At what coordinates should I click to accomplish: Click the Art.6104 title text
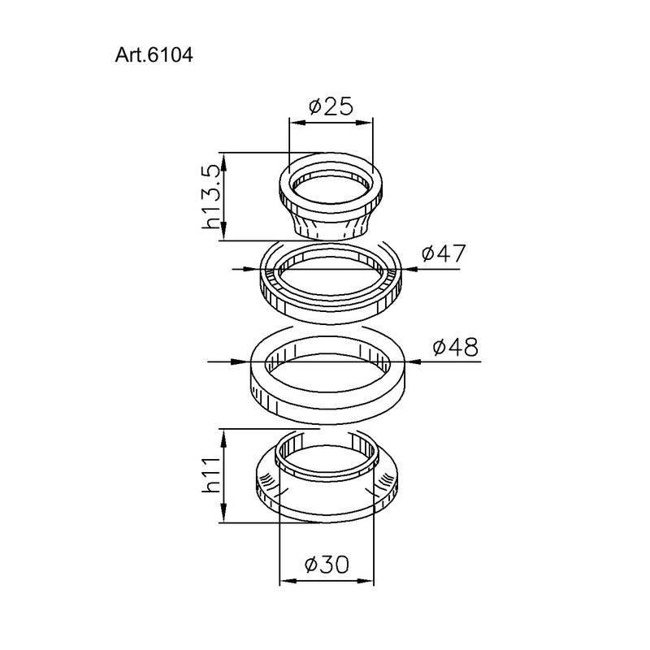tap(154, 54)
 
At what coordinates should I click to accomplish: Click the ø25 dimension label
tap(331, 106)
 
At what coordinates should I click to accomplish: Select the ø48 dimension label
tap(455, 347)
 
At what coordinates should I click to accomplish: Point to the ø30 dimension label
tap(327, 564)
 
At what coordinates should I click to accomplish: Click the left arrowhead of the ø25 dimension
tap(297, 123)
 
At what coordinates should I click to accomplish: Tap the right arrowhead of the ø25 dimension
tap(364, 123)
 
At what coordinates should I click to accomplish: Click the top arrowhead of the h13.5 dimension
tap(224, 162)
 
